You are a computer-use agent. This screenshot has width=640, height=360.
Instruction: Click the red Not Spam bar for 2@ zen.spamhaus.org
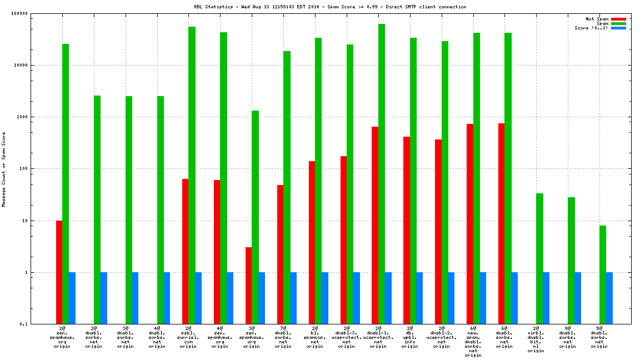(59, 272)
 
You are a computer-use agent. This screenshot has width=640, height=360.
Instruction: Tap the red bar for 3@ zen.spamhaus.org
(249, 286)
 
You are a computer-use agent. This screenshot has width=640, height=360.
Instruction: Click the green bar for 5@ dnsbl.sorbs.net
(603, 274)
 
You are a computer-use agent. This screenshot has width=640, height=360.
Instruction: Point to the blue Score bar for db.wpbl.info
(419, 298)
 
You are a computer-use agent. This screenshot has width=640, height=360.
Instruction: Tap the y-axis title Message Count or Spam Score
(4, 169)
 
